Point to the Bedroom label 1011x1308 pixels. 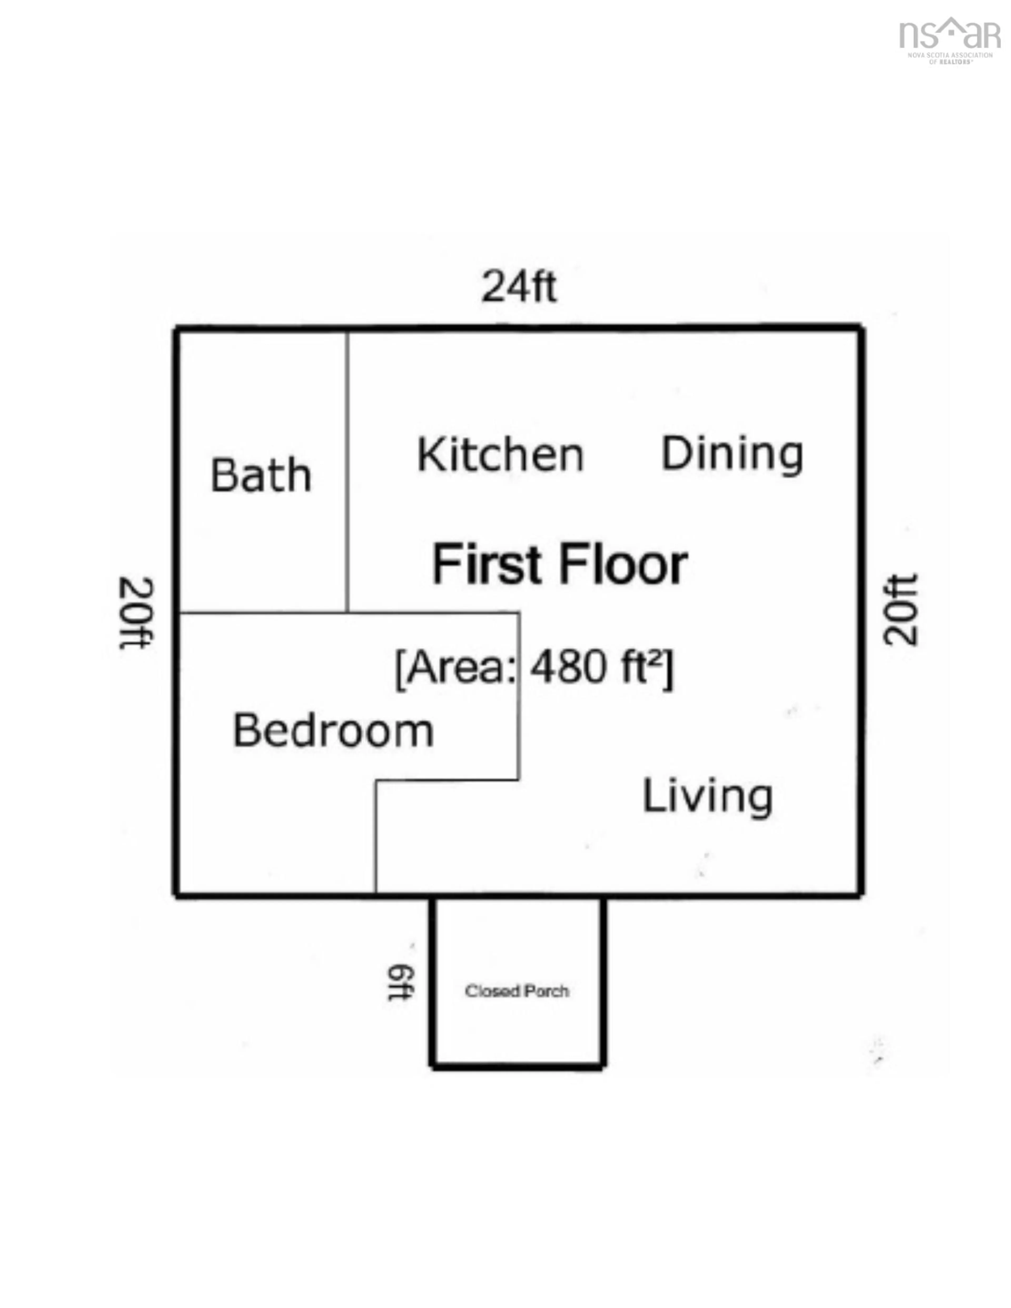333,731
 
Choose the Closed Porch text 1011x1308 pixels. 517,991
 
